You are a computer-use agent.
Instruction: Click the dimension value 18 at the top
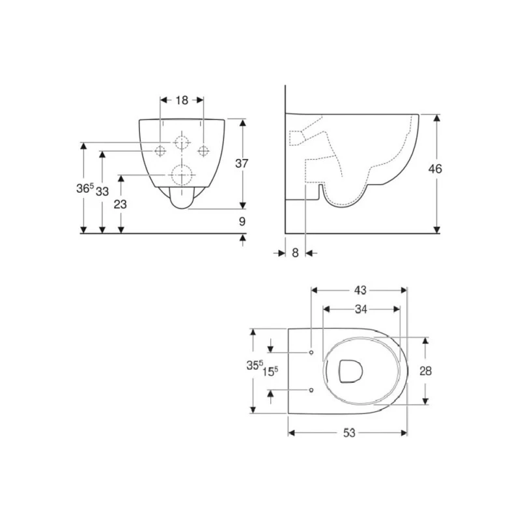[182, 100]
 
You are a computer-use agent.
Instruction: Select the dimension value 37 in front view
[242, 164]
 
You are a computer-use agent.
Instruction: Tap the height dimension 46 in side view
[434, 169]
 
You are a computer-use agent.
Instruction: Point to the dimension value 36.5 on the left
[84, 189]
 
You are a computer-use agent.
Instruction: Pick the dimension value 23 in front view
[120, 204]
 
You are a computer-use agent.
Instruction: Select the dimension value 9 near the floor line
[242, 221]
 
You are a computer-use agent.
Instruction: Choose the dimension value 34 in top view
[359, 309]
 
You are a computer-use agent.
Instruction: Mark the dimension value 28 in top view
[425, 371]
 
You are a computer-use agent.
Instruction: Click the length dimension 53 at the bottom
[349, 433]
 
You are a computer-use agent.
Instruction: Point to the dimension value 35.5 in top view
[255, 366]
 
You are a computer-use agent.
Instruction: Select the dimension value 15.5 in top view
[271, 371]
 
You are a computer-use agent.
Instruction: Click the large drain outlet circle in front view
[182, 174]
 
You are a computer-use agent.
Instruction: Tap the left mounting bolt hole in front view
[160, 151]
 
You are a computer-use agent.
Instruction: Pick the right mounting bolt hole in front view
[204, 151]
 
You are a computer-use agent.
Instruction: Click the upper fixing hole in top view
[311, 352]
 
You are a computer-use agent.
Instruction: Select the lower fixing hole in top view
[311, 389]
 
